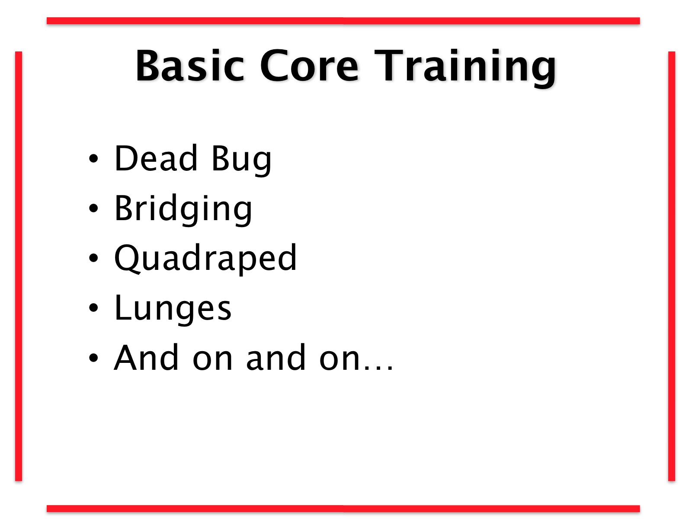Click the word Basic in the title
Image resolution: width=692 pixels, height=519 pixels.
(190, 66)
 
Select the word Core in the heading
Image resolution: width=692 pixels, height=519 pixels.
(309, 66)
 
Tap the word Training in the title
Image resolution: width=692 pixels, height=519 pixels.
(465, 67)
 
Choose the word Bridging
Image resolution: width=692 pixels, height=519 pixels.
(183, 209)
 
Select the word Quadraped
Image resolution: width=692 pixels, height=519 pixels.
(205, 259)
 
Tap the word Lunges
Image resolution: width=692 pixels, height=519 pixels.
(173, 309)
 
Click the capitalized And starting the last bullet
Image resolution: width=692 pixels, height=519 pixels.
(146, 358)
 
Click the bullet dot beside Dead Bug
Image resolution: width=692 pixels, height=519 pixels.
(93, 158)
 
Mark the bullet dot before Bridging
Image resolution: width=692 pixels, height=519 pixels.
(93, 208)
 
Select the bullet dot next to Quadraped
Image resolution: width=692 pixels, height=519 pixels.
(93, 258)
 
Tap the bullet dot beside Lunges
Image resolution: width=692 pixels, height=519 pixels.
(93, 308)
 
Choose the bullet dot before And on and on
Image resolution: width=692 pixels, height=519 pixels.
(93, 358)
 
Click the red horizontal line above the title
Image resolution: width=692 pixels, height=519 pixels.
(343, 21)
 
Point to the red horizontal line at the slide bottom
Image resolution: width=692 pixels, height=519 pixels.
(343, 509)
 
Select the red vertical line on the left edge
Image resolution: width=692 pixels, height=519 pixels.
(19, 266)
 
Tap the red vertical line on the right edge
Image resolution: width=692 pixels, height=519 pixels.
(672, 266)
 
